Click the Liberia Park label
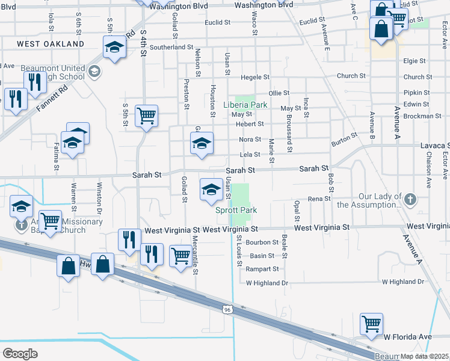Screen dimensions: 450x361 tap(245, 105)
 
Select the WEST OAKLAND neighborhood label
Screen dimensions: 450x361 tap(51, 44)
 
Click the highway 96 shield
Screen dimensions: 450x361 tap(226, 309)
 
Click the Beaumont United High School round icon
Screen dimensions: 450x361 tap(93, 72)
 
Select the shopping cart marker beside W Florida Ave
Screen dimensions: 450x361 tap(371, 324)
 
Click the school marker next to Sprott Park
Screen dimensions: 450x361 tap(211, 190)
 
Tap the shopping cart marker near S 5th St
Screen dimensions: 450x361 tap(146, 116)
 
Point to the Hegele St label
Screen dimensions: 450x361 tap(255, 78)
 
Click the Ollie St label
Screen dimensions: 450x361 tap(279, 93)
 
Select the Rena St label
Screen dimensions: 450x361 tap(319, 199)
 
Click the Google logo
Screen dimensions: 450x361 tap(20, 353)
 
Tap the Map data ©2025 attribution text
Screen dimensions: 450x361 tap(421, 356)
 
